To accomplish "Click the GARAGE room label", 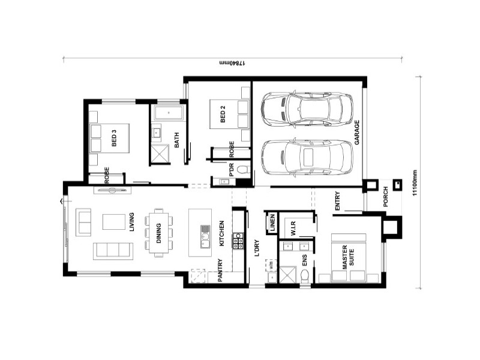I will [x=356, y=131].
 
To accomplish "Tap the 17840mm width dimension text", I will [x=232, y=62].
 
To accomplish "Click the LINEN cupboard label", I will [x=272, y=224].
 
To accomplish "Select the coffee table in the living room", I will [x=114, y=221].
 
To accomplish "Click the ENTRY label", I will [x=338, y=201].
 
